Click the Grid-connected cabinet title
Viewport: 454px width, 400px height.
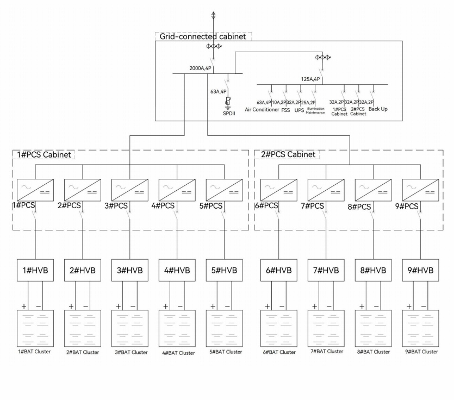pos(202,36)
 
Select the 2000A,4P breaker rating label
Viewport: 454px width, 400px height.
pos(201,68)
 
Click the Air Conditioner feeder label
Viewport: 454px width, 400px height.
pos(262,109)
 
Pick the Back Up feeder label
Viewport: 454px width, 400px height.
pos(378,109)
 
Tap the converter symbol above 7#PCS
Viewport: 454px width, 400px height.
pos(326,190)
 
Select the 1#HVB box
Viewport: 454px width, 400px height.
pos(35,270)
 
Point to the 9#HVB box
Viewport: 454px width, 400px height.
pos(420,270)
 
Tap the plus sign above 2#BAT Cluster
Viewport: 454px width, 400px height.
pos(71,307)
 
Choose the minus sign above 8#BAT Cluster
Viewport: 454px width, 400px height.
pos(376,307)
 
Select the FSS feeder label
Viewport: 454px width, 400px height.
pos(285,109)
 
